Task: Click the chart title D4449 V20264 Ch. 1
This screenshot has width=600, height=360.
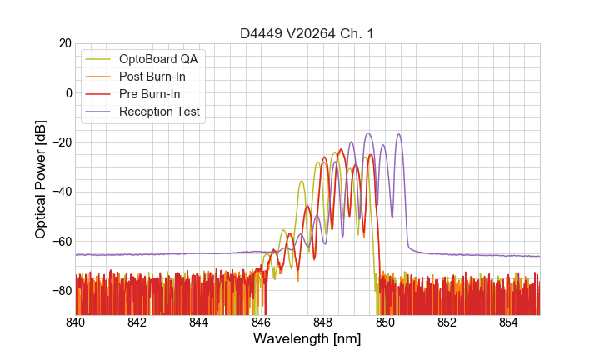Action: coord(307,33)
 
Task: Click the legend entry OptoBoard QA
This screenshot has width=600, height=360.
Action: coord(157,59)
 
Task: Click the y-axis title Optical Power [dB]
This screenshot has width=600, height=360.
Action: coord(41,178)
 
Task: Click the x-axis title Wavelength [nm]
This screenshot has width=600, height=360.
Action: coord(307,339)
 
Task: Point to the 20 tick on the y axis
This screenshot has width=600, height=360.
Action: coord(63,43)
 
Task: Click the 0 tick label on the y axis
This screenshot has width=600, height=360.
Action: coord(67,92)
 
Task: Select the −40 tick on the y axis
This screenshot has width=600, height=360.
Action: coord(60,192)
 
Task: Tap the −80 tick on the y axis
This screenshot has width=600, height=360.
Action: coord(60,291)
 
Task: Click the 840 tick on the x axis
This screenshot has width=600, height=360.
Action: coord(76,322)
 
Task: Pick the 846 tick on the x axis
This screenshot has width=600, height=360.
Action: coord(261,322)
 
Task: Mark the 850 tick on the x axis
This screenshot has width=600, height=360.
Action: coord(385,322)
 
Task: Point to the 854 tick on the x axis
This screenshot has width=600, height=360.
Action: coord(508,322)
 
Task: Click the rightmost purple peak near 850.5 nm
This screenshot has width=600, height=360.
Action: coord(399,134)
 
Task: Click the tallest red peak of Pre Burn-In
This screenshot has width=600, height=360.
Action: coord(341,150)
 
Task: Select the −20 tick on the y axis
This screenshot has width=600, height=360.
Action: coord(60,142)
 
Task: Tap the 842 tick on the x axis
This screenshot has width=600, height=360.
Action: coord(137,322)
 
